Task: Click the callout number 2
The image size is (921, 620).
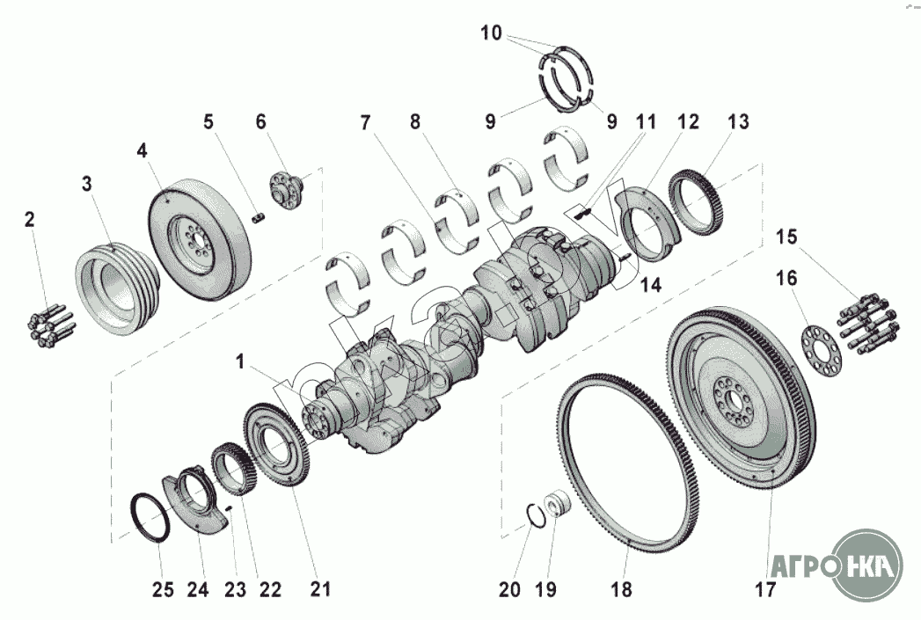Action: pyautogui.click(x=30, y=220)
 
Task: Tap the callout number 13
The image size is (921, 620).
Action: pyautogui.click(x=738, y=122)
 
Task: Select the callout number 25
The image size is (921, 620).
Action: pyautogui.click(x=163, y=589)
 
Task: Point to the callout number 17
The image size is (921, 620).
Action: pyautogui.click(x=765, y=589)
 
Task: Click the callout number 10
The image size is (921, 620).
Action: pyautogui.click(x=491, y=33)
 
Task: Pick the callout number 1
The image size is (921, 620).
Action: pyautogui.click(x=239, y=362)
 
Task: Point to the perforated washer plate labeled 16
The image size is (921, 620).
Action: pyautogui.click(x=822, y=350)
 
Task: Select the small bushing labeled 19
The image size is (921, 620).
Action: pyautogui.click(x=556, y=504)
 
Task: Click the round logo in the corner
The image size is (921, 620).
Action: pyautogui.click(x=869, y=565)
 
